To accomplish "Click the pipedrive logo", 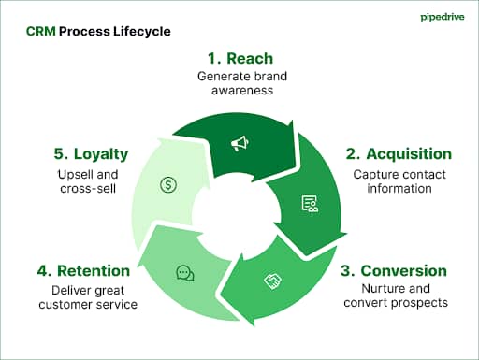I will coord(436,17).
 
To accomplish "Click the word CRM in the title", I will coord(40,32).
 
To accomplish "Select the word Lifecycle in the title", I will coord(141,32).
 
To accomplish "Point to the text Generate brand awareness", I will coord(239,84).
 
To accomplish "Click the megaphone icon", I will coord(239,143).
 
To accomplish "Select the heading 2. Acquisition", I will coord(399,153).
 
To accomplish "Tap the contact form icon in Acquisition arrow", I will coord(308,203).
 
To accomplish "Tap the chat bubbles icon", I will coord(185,273).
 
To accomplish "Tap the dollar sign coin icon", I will coord(168,184).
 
